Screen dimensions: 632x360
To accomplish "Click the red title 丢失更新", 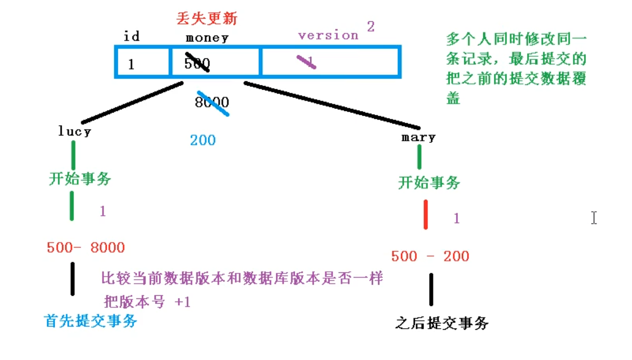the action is pos(207,19).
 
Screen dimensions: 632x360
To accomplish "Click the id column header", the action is pos(131,37).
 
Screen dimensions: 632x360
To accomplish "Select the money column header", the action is pos(207,38).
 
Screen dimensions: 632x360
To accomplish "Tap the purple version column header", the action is pos(328,36).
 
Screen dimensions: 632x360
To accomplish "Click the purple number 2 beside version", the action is pos(371,27).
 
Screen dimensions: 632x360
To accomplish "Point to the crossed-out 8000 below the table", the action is pos(211,102).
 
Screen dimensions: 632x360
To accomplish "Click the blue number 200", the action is pos(203,140).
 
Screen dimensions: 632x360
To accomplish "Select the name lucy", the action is pos(75,132).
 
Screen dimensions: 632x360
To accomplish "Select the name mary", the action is pos(419,138).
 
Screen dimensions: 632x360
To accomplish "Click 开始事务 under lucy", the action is pos(80,179).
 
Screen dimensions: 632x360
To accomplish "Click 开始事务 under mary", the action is pos(429,183).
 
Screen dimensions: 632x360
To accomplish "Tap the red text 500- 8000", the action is pos(86,247).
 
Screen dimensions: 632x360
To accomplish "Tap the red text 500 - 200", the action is pos(430,256).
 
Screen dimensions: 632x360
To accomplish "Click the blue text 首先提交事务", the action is pos(91,321).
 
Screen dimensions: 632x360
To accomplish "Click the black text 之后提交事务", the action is pos(442,323).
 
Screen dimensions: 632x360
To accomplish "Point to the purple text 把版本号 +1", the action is pos(147,302).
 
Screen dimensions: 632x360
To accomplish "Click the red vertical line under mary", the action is pos(426,215).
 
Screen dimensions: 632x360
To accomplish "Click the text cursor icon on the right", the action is pos(594,218).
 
